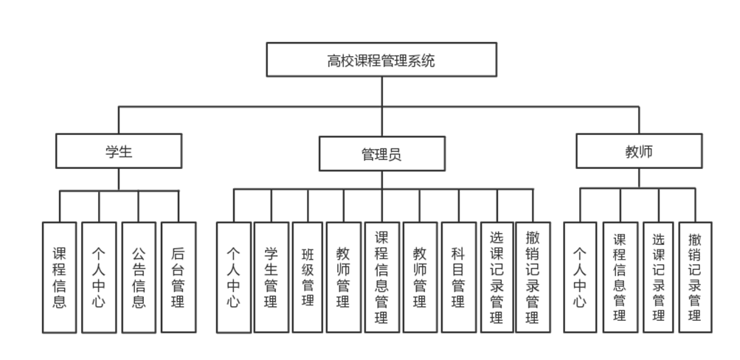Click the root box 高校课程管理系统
point(381,60)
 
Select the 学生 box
point(119,152)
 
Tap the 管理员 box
point(381,154)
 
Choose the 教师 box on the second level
point(639,152)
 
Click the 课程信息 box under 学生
point(60,277)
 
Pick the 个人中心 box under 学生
point(99,277)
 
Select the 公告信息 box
point(139,277)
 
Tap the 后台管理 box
point(178,277)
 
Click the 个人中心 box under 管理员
point(233,277)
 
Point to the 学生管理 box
point(271,277)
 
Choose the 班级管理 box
point(308,277)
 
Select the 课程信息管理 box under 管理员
point(381,277)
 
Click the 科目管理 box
point(458,277)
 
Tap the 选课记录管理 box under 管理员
point(497,277)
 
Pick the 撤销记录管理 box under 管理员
point(533,277)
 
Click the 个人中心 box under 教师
point(580,277)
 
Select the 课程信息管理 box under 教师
point(620,277)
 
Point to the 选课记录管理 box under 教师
point(659,277)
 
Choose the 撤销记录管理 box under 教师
point(695,277)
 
